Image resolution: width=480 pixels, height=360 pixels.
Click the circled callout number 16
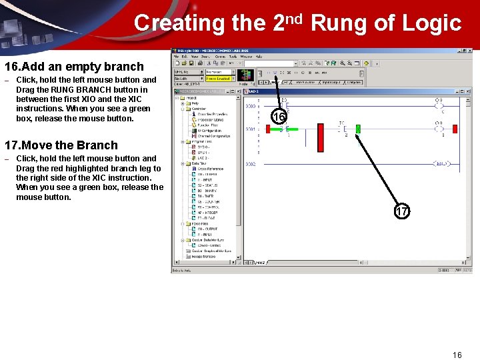pos(280,117)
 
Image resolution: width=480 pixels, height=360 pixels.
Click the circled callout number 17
pos(401,212)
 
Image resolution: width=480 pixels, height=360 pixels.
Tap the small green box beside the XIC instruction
pos(358,128)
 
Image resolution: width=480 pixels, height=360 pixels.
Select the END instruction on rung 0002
pos(441,163)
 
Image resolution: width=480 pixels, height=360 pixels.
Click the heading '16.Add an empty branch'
pos(74,67)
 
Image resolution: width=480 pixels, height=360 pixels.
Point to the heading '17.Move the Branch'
pos(61,145)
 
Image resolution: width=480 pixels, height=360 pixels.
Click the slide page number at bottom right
pos(457,355)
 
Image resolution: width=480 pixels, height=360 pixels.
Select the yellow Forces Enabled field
pos(218,79)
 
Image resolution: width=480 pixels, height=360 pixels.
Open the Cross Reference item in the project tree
pos(210,169)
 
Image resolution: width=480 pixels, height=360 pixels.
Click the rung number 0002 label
pos(251,163)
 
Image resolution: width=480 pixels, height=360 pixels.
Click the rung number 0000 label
pos(251,106)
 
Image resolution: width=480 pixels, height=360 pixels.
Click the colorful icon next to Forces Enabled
pos(245,75)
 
